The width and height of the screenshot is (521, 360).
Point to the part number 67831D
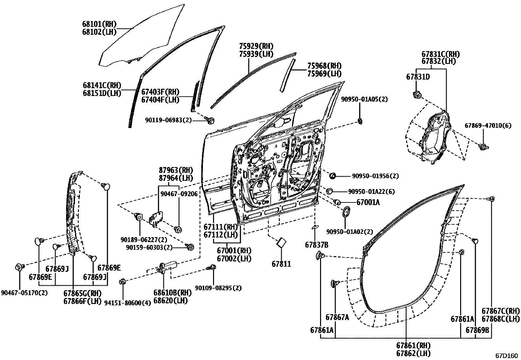click(418, 77)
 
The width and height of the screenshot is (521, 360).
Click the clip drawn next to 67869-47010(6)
click(483, 146)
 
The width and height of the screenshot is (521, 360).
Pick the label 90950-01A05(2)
click(364, 99)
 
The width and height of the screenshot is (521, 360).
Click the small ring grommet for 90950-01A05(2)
click(360, 122)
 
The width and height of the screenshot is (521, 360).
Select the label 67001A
click(368, 202)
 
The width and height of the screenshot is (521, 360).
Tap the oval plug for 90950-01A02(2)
click(346, 212)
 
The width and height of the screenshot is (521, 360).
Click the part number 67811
click(281, 264)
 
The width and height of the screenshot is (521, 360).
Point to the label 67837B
click(316, 245)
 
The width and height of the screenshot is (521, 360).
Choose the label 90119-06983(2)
click(168, 121)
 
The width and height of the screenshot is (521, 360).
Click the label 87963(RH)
click(176, 170)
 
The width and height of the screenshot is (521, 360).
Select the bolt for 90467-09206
click(179, 229)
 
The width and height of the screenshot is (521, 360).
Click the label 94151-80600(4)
click(127, 303)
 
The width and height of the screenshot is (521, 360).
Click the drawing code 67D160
click(506, 355)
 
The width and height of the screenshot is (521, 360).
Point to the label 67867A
click(337, 317)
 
